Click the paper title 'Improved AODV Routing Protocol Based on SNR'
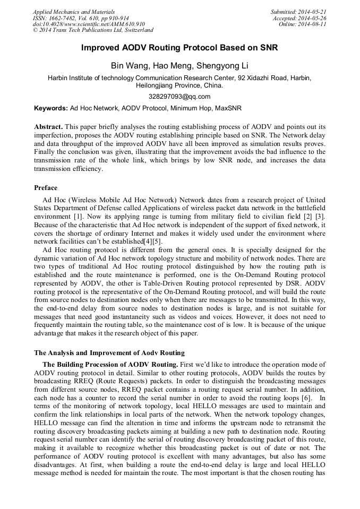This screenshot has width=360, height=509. pyautogui.click(x=179, y=48)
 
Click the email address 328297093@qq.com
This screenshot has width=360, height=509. pyautogui.click(x=179, y=97)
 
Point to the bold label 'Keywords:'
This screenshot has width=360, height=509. pyautogui.click(x=51, y=108)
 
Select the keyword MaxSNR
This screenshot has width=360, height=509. pyautogui.click(x=229, y=108)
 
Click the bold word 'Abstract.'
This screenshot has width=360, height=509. pyautogui.click(x=49, y=127)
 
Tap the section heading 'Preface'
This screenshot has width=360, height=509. pyautogui.click(x=46, y=188)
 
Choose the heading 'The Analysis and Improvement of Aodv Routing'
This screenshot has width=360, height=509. pyautogui.click(x=109, y=352)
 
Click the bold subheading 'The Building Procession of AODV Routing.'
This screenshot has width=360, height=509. pyautogui.click(x=110, y=365)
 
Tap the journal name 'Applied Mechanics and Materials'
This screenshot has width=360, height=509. pyautogui.click(x=74, y=11)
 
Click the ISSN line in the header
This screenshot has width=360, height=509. pyautogui.click(x=85, y=18)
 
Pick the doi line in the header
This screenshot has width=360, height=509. pyautogui.click(x=89, y=24)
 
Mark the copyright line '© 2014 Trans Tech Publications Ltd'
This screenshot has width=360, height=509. pyautogui.click(x=93, y=30)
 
